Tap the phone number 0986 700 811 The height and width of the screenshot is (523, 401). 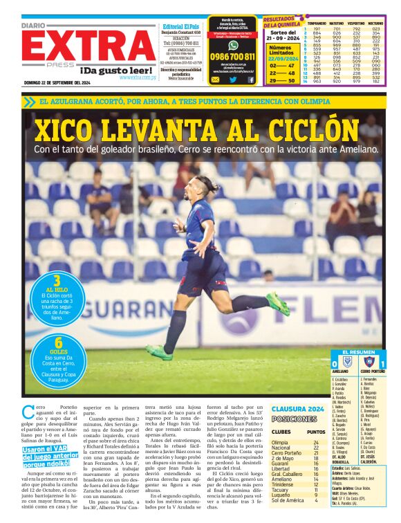[232, 57]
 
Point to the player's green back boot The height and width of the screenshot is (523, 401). [278, 303]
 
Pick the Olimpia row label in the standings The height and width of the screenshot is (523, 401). [280, 442]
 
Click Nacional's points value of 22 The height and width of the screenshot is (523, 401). [316, 448]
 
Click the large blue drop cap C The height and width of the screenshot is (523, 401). [27, 411]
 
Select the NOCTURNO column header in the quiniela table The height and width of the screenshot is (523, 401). [376, 22]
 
